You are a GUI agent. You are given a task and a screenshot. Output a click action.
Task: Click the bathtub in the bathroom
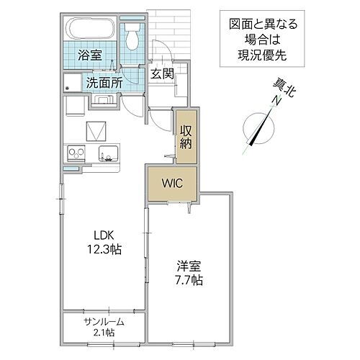[x=89, y=31]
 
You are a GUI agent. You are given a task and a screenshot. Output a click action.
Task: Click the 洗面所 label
[x=104, y=82]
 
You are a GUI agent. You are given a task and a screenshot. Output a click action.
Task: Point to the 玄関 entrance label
[x=162, y=73]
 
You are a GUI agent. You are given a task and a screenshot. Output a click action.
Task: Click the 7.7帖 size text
[x=188, y=279]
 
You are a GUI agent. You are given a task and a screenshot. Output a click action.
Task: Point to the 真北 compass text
[x=284, y=88]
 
